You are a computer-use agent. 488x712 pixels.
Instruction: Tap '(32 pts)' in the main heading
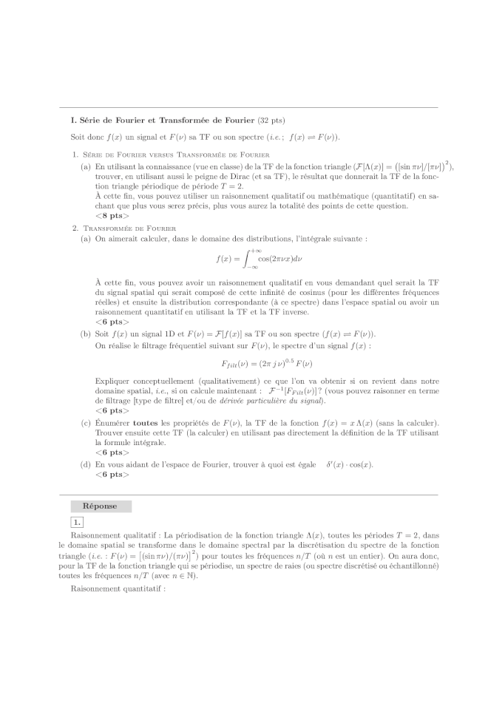[271, 120]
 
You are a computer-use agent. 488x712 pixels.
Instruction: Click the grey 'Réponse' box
[101, 506]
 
